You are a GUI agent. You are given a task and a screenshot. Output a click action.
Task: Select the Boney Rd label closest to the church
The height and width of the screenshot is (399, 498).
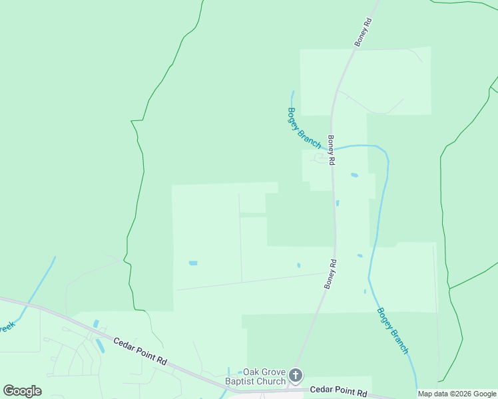pos(331,273)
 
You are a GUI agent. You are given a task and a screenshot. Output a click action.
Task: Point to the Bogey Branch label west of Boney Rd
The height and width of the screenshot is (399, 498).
pos(304,128)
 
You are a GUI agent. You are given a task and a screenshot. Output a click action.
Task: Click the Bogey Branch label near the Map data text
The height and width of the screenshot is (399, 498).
pos(392,331)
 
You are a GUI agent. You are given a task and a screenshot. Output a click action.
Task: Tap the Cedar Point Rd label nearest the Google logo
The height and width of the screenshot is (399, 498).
pos(140,350)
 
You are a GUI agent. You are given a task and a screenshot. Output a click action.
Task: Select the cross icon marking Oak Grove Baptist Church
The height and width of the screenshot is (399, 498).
pos(296,376)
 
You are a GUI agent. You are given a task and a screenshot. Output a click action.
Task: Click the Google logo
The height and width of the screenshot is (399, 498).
pos(22,391)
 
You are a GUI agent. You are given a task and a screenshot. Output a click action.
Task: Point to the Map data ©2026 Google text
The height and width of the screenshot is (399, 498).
pos(457,394)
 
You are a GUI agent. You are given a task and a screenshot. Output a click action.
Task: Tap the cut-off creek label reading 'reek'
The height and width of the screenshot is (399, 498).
pos(6,327)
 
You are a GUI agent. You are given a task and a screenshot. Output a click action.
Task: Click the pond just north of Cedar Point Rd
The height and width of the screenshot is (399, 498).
pos(96,324)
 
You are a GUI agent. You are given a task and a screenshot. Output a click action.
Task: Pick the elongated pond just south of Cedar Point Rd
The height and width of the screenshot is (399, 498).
pos(101,346)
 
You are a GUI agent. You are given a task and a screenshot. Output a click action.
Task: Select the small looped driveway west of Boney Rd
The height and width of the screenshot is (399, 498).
pos(322,158)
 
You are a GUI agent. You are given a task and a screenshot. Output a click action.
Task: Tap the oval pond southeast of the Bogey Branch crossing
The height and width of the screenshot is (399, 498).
pos(354,176)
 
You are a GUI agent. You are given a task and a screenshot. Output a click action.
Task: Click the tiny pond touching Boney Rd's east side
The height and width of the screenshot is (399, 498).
pos(338,203)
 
